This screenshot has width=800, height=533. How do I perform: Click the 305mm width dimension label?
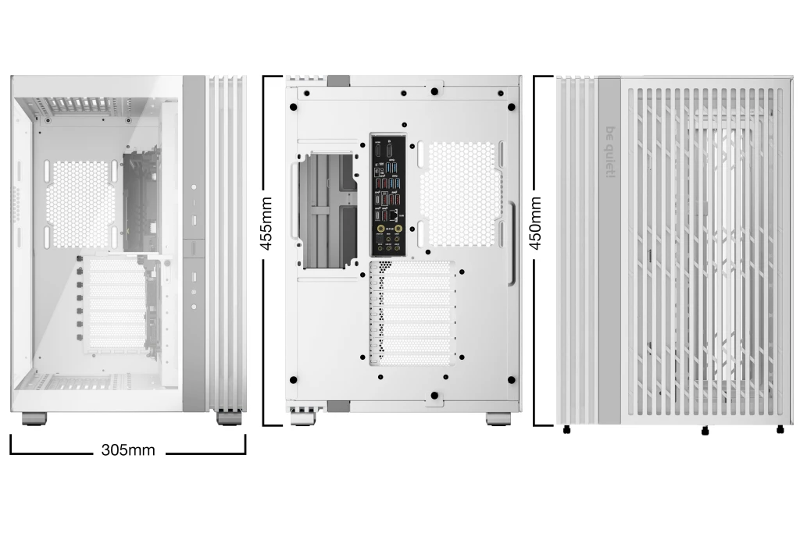tap(128, 450)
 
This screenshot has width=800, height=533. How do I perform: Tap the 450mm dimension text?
tap(536, 223)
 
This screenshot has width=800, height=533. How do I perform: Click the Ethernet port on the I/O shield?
tap(394, 212)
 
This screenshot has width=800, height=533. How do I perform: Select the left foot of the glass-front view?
tap(34, 419)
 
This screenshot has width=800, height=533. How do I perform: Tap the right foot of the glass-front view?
tap(229, 418)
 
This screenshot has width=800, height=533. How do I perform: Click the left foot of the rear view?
tap(303, 418)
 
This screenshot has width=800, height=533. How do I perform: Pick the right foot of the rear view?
tap(498, 418)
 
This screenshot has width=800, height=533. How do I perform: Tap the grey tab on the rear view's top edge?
tap(338, 80)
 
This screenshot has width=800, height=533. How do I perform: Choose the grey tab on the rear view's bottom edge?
tap(338, 406)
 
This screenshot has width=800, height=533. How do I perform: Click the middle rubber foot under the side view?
tap(705, 429)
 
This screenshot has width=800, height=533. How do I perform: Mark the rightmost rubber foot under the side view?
tap(780, 429)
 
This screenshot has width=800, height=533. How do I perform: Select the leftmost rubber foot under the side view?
tap(566, 429)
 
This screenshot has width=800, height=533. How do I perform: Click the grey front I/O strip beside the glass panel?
tap(194, 242)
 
